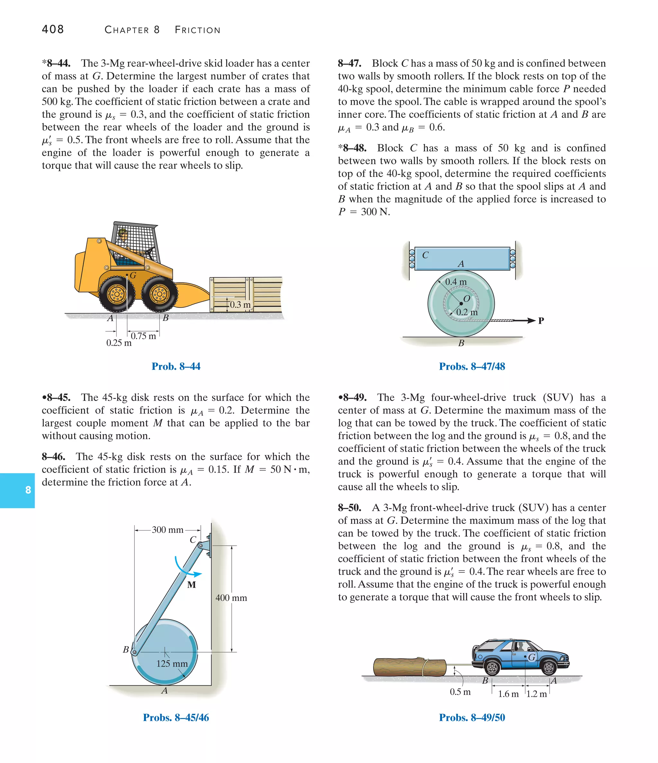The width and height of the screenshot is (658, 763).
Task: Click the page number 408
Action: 53,30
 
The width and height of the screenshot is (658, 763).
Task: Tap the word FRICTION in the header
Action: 197,30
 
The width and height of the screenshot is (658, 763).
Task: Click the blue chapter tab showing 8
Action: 28,490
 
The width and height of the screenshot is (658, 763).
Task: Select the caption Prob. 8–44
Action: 176,366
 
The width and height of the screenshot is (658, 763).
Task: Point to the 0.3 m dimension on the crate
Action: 240,305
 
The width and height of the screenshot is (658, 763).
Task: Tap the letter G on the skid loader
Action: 133,275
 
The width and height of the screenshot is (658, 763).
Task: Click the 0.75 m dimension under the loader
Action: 143,336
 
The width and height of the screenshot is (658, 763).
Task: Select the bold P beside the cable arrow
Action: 541,321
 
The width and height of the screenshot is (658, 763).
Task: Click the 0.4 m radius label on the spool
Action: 456,282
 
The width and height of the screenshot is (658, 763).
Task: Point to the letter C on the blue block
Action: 425,255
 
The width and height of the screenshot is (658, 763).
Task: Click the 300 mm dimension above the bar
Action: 167,530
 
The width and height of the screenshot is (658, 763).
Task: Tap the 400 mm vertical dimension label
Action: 231,598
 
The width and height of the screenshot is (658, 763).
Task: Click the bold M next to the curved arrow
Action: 191,585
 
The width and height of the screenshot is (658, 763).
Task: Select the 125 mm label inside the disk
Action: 172,663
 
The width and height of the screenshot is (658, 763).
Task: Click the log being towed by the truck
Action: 409,667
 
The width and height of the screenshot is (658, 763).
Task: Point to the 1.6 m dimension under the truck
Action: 508,694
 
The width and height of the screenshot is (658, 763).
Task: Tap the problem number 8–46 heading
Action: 53,457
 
